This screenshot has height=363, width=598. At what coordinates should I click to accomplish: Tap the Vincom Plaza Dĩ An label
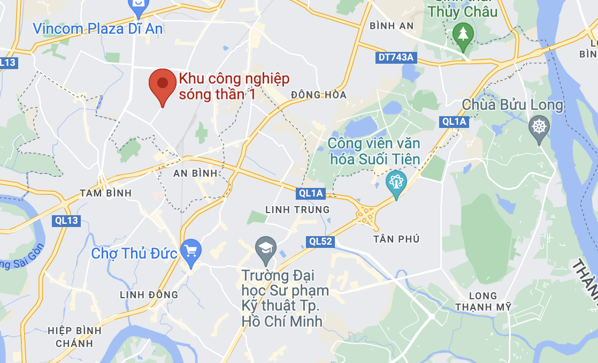(x=97, y=28)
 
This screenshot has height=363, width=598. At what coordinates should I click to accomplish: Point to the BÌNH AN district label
(x=392, y=26)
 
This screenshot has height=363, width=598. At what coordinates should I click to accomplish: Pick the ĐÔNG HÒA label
(x=319, y=95)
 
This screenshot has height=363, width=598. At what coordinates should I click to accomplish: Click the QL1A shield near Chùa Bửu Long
(x=455, y=122)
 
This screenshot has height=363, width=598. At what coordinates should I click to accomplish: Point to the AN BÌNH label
(x=196, y=173)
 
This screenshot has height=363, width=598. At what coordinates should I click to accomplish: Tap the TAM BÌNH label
(x=105, y=193)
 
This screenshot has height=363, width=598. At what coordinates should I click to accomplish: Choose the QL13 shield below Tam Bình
(x=66, y=220)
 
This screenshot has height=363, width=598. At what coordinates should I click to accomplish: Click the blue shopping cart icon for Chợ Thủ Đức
(x=191, y=250)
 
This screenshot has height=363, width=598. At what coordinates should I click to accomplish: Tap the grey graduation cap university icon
(x=265, y=247)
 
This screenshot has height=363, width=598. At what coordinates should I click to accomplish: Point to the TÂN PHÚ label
(x=397, y=239)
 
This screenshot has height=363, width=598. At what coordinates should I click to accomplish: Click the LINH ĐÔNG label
(x=149, y=294)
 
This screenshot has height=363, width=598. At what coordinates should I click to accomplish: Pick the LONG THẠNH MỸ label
(x=482, y=301)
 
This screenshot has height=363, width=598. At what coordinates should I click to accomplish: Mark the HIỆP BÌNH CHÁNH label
(x=70, y=337)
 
